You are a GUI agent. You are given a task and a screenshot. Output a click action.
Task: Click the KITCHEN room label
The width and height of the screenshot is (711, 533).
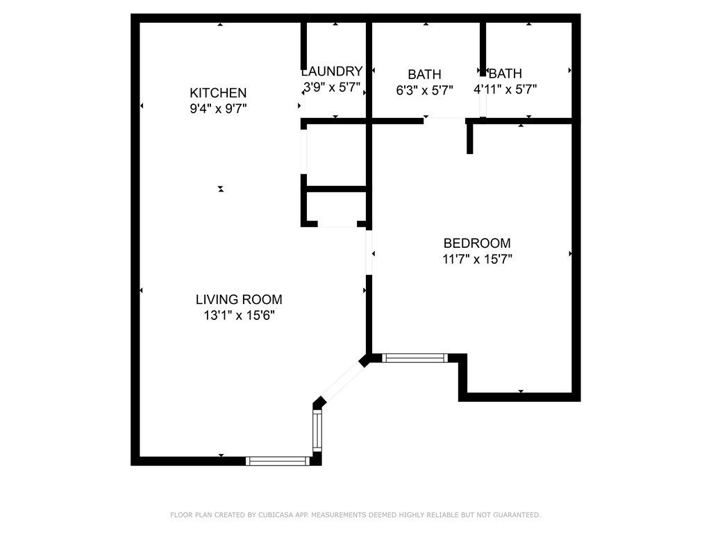[x=218, y=93]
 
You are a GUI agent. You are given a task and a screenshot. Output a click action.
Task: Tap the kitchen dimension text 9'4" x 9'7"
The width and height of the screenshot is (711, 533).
[x=218, y=109]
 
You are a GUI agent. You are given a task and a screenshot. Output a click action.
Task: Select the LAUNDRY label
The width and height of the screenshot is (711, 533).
[x=332, y=71]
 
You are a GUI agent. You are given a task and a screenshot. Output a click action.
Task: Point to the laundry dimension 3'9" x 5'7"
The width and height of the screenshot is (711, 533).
[x=332, y=87]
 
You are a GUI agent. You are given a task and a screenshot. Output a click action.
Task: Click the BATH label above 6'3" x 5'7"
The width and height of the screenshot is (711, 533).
[x=424, y=74]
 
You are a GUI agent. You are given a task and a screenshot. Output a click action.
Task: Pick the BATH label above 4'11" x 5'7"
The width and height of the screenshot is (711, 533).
[x=505, y=74]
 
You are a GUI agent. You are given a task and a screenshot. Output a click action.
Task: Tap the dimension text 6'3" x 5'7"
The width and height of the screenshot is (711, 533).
[x=424, y=91]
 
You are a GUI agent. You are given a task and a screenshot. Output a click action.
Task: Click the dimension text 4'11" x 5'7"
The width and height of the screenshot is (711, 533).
[x=505, y=90]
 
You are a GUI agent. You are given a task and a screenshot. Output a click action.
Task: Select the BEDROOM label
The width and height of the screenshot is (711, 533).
[x=477, y=244]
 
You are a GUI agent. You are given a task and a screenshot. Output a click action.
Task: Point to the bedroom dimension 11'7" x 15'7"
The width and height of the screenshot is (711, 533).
[x=477, y=260]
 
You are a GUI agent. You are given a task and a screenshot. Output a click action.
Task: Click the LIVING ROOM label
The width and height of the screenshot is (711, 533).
[x=239, y=300]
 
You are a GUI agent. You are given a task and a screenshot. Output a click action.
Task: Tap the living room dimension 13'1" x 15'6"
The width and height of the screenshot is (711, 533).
[x=239, y=316]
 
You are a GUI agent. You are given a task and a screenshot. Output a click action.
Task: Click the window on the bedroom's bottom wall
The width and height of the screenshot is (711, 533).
[x=415, y=358]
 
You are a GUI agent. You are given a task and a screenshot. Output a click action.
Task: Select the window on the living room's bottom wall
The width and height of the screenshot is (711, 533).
[x=278, y=461]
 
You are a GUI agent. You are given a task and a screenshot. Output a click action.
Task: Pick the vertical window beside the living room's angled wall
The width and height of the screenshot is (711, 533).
[x=317, y=430]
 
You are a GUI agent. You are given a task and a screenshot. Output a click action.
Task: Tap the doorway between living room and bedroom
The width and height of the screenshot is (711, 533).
[x=369, y=253]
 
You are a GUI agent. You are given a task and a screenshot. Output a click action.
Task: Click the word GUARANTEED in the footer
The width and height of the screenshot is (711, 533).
[x=517, y=515]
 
